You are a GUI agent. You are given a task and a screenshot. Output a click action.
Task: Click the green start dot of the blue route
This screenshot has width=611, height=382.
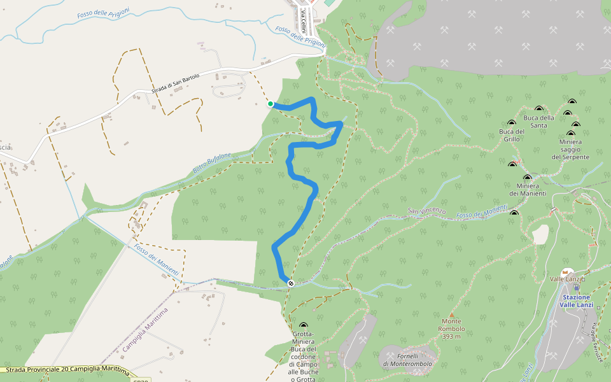click(x=270, y=104)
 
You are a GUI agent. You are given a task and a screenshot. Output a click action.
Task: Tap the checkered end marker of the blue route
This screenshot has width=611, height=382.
click(x=290, y=283)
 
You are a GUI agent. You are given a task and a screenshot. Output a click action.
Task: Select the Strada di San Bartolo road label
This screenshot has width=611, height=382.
click(x=175, y=83)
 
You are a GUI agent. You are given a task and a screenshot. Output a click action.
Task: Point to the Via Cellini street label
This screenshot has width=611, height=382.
click(x=304, y=17)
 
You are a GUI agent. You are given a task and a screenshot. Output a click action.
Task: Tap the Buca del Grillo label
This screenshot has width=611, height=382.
click(x=512, y=135)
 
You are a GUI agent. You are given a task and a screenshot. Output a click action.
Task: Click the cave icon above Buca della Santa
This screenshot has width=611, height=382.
click(x=539, y=109)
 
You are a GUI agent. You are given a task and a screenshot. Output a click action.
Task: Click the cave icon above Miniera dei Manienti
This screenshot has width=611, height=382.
click(x=527, y=178)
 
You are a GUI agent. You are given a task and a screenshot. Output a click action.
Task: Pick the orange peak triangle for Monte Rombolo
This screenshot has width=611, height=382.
click(x=452, y=315)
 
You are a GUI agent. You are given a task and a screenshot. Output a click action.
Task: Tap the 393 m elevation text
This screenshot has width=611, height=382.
click(x=451, y=336)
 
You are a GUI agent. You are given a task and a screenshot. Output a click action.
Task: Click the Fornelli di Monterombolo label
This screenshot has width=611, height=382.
click(x=407, y=360)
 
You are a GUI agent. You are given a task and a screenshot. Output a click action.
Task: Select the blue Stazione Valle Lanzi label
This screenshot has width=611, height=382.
click(x=577, y=301)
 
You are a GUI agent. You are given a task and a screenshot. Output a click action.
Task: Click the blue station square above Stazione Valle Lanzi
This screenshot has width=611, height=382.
click(x=577, y=287)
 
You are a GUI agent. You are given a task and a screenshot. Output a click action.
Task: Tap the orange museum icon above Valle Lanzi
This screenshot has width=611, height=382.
click(x=565, y=272)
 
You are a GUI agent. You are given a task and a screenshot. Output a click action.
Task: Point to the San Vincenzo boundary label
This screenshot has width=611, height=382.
click(x=427, y=211)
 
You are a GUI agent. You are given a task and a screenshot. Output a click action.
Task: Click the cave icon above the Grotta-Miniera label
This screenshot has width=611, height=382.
click(x=303, y=325)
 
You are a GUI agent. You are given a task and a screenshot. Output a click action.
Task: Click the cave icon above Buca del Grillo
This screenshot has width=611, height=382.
click(x=512, y=123)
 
